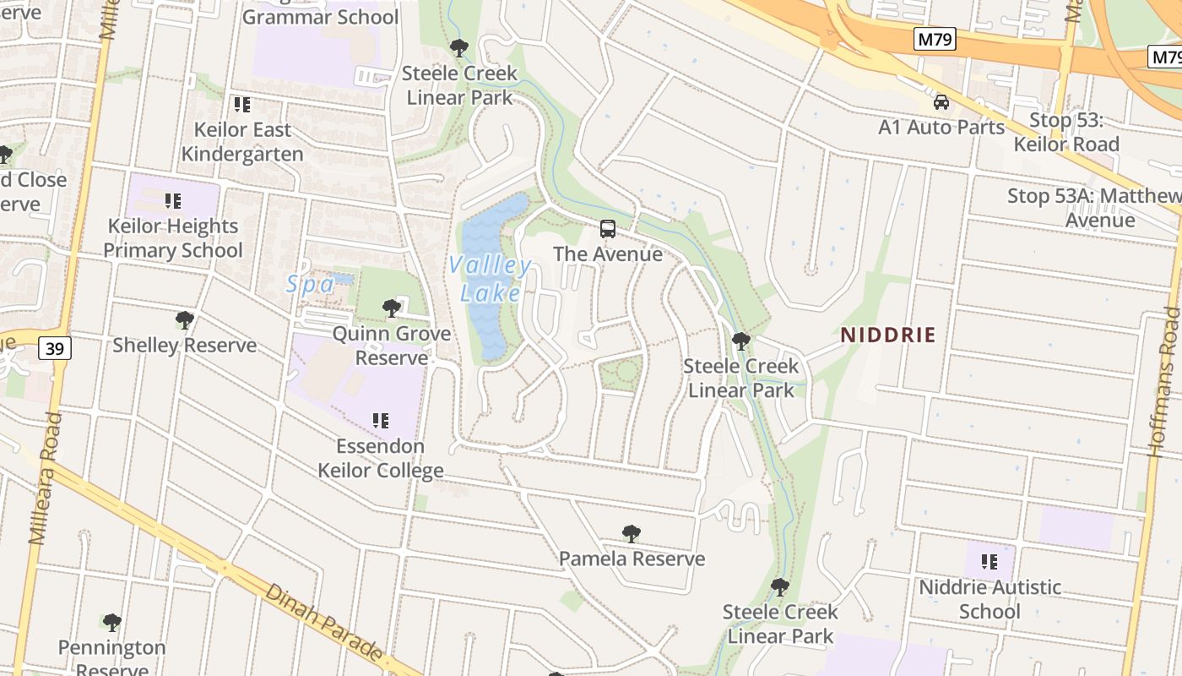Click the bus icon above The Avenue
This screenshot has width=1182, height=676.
(607, 228)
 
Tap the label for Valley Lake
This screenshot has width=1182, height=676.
(491, 279)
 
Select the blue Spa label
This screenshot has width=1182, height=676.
(310, 285)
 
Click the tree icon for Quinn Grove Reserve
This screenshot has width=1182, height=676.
(391, 308)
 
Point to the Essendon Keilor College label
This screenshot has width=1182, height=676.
(380, 458)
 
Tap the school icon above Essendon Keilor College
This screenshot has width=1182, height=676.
(380, 420)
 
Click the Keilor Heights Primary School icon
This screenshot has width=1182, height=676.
(173, 201)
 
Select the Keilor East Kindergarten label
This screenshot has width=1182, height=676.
(242, 142)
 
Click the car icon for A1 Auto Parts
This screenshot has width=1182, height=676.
(941, 102)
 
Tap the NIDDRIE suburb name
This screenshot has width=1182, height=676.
(887, 335)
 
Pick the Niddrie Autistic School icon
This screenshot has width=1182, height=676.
(990, 561)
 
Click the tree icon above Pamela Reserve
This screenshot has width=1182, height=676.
(631, 533)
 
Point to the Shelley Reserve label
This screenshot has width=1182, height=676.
(184, 345)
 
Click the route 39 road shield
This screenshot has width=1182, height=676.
(55, 347)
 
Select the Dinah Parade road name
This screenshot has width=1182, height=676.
(325, 621)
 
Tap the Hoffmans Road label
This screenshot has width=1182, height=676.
(1164, 380)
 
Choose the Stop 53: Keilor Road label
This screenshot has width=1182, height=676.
(1066, 132)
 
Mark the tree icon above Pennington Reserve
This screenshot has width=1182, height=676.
(111, 623)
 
